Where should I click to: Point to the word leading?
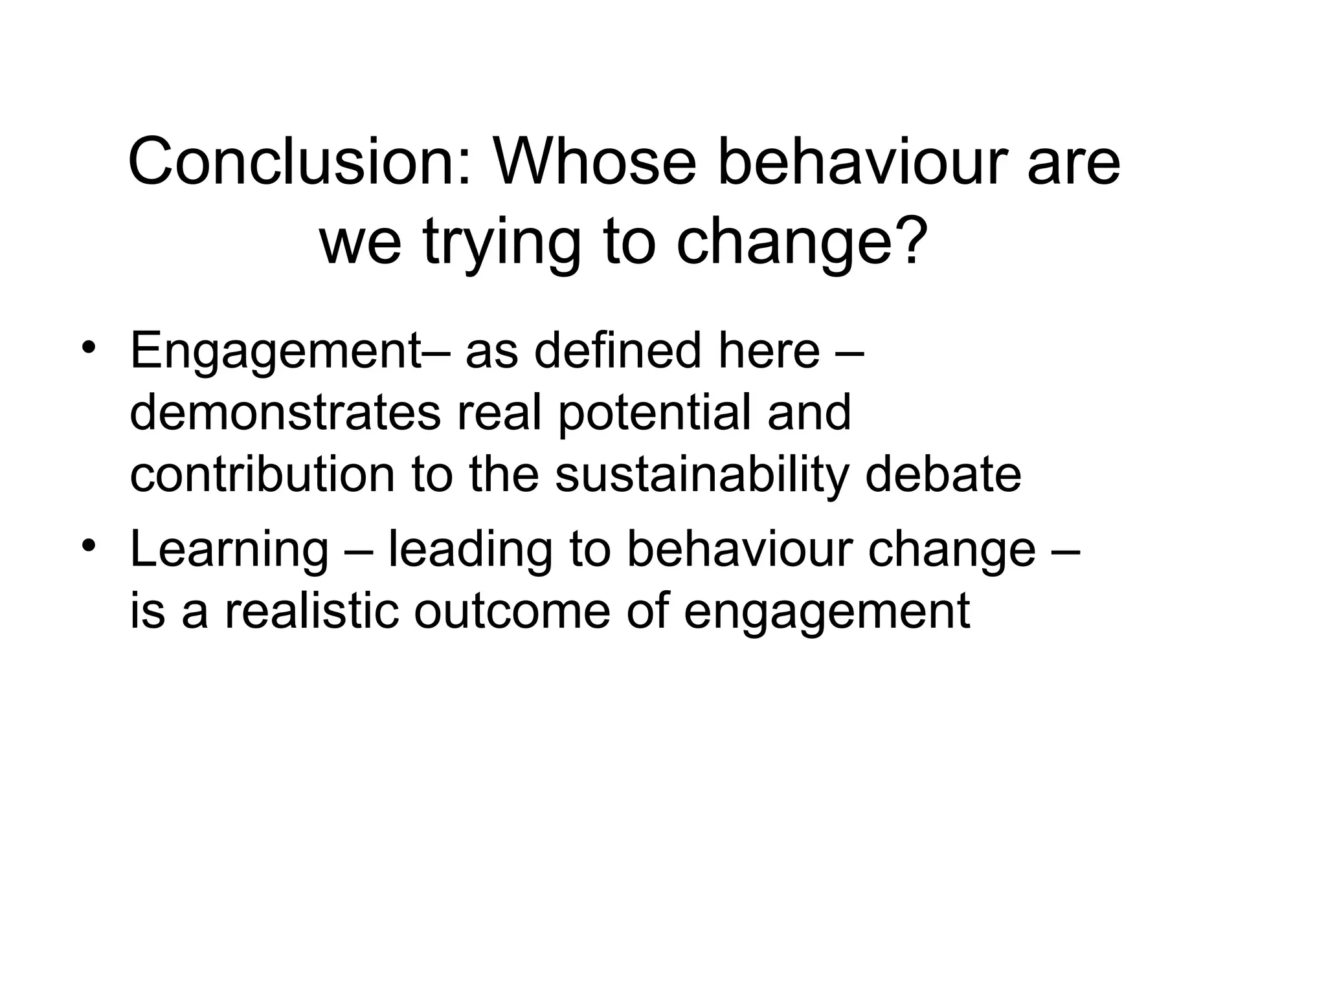[470, 549]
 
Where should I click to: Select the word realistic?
[311, 611]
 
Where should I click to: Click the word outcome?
[512, 611]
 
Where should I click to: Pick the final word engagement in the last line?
[827, 612]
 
